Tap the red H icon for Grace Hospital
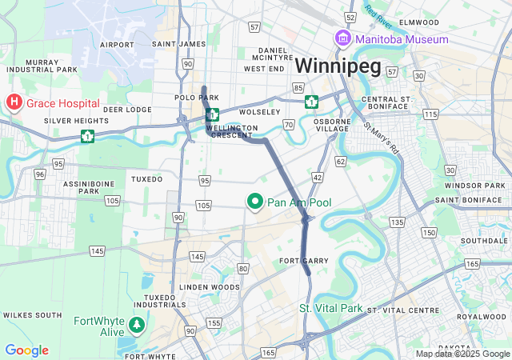click(14, 102)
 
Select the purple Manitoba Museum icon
click(342, 38)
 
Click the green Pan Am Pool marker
click(255, 202)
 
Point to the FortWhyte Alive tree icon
click(138, 324)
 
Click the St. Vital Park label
click(330, 308)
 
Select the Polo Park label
click(191, 98)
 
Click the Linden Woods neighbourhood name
click(209, 286)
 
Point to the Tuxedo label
click(146, 178)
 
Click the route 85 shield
click(298, 86)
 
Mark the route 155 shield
click(214, 322)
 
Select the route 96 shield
click(39, 173)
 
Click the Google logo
click(26, 350)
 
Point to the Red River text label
click(380, 14)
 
